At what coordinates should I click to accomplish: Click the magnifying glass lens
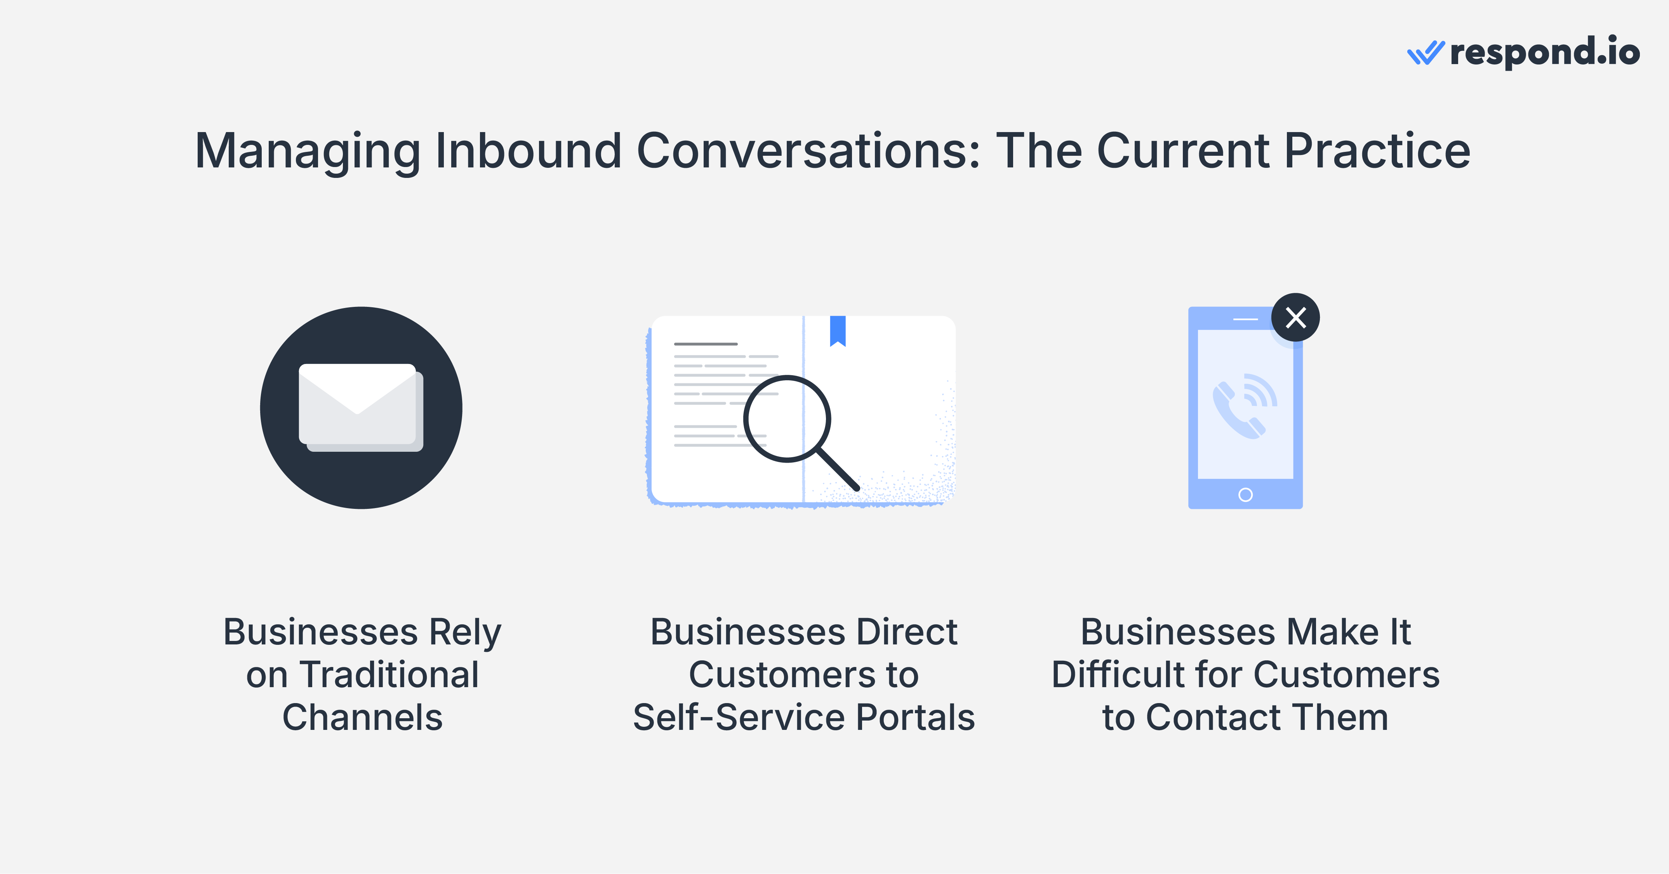click(x=787, y=418)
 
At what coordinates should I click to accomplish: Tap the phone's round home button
click(x=1245, y=495)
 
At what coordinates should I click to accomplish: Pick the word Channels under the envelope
click(x=362, y=718)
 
